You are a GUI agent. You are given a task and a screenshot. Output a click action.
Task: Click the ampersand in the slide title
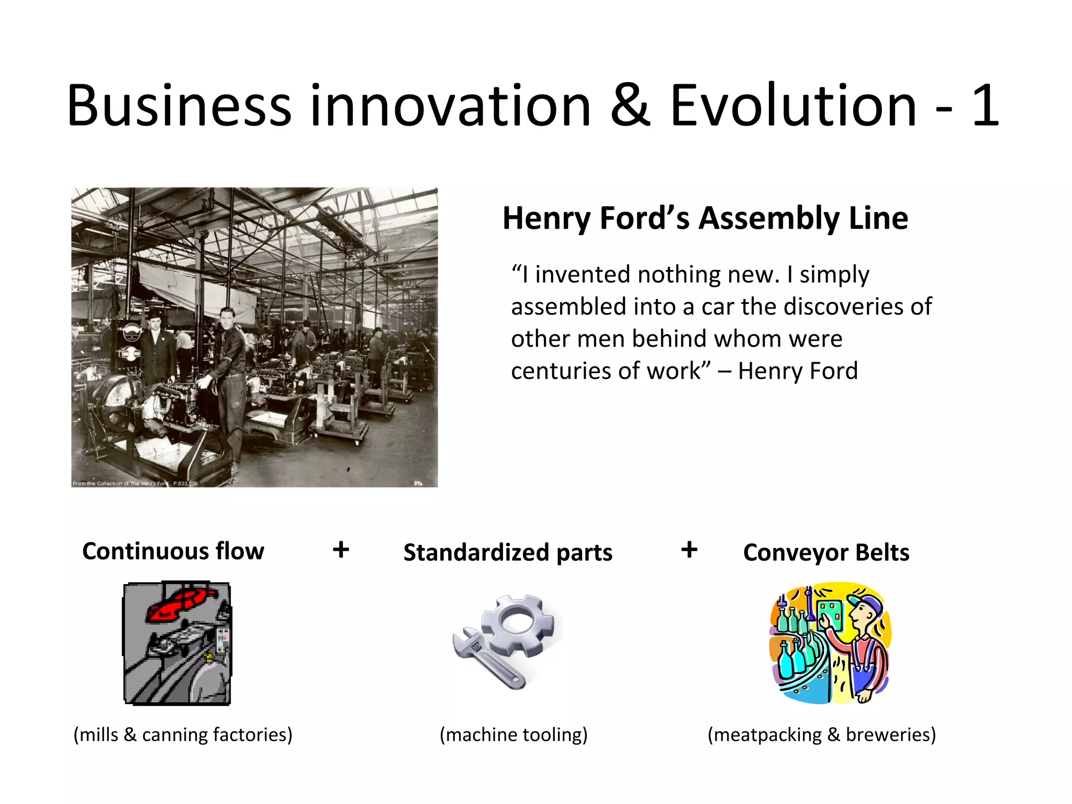pos(630,106)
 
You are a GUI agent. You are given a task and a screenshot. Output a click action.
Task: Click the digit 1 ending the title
pos(985,106)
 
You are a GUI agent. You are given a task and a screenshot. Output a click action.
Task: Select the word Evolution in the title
pos(793,106)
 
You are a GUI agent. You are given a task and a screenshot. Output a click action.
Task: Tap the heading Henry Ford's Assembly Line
pos(705,218)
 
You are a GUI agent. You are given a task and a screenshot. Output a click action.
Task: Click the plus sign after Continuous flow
pos(341,550)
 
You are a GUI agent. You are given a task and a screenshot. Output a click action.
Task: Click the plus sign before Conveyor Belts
pos(689,550)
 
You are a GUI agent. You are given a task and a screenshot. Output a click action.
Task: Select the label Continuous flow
pos(173,552)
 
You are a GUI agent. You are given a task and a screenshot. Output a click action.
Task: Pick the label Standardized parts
pos(508,553)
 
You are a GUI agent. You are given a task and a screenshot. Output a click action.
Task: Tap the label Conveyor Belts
pos(826,553)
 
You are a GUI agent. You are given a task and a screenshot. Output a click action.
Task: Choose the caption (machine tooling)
pos(513,735)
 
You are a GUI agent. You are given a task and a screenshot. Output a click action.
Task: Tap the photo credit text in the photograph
pos(135,483)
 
